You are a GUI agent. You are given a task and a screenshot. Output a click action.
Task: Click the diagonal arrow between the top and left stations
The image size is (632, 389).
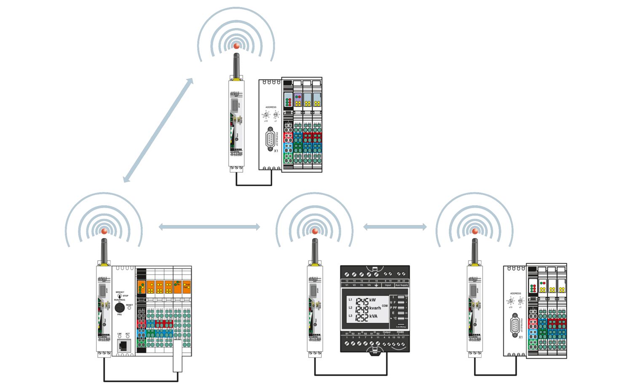(158, 130)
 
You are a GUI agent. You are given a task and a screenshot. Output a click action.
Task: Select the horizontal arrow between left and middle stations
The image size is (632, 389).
(209, 227)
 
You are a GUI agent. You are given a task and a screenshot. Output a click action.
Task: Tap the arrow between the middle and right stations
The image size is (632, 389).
(395, 227)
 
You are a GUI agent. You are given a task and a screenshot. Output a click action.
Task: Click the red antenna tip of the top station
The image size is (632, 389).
(236, 46)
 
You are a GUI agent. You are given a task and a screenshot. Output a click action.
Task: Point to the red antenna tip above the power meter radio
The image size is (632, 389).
(315, 231)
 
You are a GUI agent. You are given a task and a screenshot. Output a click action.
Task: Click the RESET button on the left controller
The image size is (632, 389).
(129, 308)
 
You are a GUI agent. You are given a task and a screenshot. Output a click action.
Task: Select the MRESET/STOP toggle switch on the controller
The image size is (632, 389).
(120, 296)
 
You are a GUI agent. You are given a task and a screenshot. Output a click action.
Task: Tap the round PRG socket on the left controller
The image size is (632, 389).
(119, 307)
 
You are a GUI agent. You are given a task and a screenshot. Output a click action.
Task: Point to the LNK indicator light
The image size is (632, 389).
(120, 337)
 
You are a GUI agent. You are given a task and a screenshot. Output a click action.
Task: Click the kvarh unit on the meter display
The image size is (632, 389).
(375, 308)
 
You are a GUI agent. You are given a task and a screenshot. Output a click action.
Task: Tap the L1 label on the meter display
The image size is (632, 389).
(350, 300)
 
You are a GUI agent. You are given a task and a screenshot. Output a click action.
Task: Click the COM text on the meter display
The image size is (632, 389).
(385, 306)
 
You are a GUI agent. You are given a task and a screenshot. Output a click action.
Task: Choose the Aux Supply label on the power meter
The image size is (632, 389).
(402, 285)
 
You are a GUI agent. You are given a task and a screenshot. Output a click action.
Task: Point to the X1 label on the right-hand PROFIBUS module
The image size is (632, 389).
(521, 337)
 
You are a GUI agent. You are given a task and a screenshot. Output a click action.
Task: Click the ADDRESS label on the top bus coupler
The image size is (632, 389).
(271, 107)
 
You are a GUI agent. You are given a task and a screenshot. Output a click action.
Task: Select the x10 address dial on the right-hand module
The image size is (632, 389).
(511, 301)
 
